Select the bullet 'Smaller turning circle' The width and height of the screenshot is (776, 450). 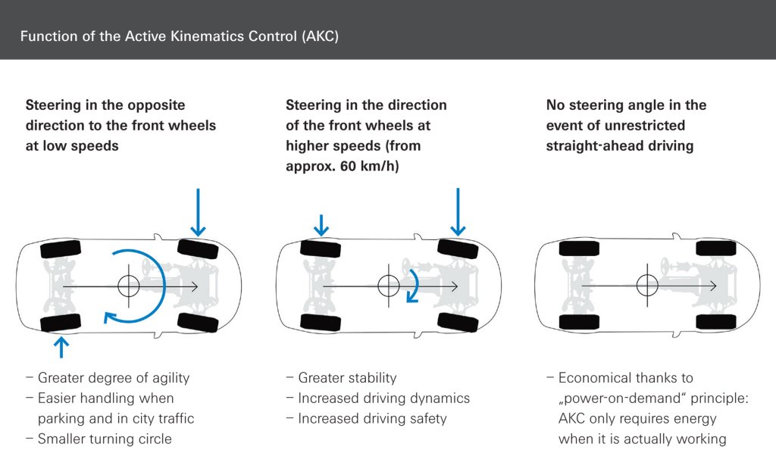click(105, 439)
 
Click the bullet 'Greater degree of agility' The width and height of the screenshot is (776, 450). click(113, 377)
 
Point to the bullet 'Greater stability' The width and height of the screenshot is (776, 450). click(347, 377)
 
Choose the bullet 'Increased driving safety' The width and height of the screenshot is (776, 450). click(372, 418)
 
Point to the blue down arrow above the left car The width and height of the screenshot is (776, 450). click(197, 211)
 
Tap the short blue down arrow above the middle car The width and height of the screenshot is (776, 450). click(321, 224)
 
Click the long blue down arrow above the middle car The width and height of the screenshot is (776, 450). click(457, 211)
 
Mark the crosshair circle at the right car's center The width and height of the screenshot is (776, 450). click(647, 286)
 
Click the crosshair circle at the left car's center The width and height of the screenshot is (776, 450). click(129, 286)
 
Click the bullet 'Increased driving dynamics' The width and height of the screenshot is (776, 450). click(383, 398)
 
